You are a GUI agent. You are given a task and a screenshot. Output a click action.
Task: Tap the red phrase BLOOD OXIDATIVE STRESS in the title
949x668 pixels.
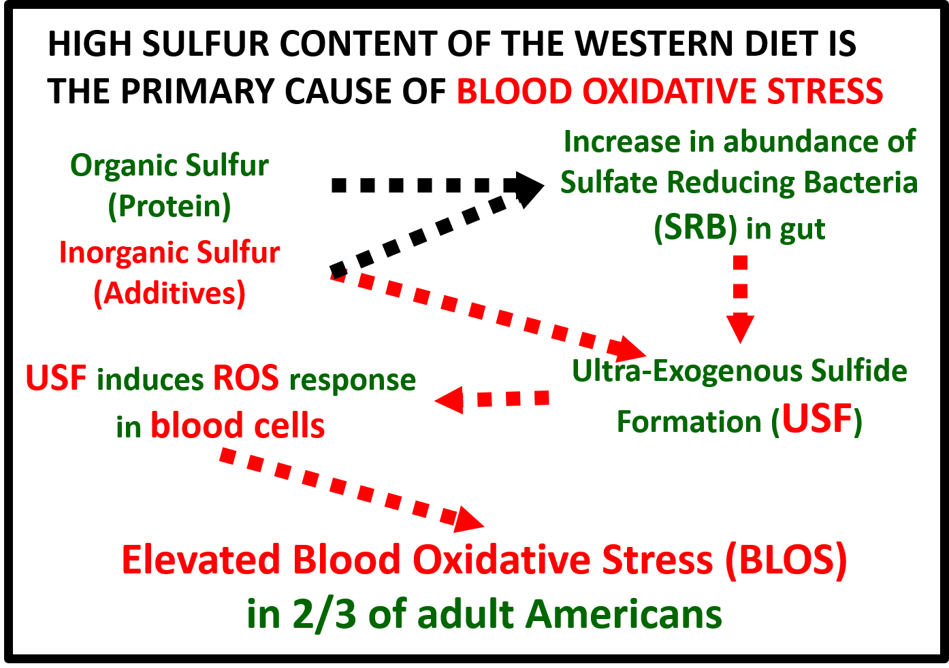click(670, 92)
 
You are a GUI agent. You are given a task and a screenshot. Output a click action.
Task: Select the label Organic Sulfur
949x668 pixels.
click(170, 165)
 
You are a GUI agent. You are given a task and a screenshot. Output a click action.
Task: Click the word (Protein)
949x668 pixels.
click(170, 205)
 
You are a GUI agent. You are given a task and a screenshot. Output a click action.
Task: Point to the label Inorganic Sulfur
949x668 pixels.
click(170, 252)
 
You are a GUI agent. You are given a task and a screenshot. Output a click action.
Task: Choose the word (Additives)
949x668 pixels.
click(170, 293)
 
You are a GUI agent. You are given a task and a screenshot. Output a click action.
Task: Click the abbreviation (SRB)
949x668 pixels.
click(695, 228)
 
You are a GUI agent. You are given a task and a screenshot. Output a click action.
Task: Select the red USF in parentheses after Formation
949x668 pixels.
click(817, 420)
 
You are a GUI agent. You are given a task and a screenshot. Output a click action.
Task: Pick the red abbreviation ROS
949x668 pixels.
click(246, 378)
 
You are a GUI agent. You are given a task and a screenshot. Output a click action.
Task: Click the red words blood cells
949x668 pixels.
click(238, 427)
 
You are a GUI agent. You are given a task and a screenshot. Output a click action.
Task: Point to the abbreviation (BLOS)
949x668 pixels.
click(786, 561)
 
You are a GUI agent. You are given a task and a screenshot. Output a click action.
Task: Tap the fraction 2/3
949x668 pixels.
click(324, 614)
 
